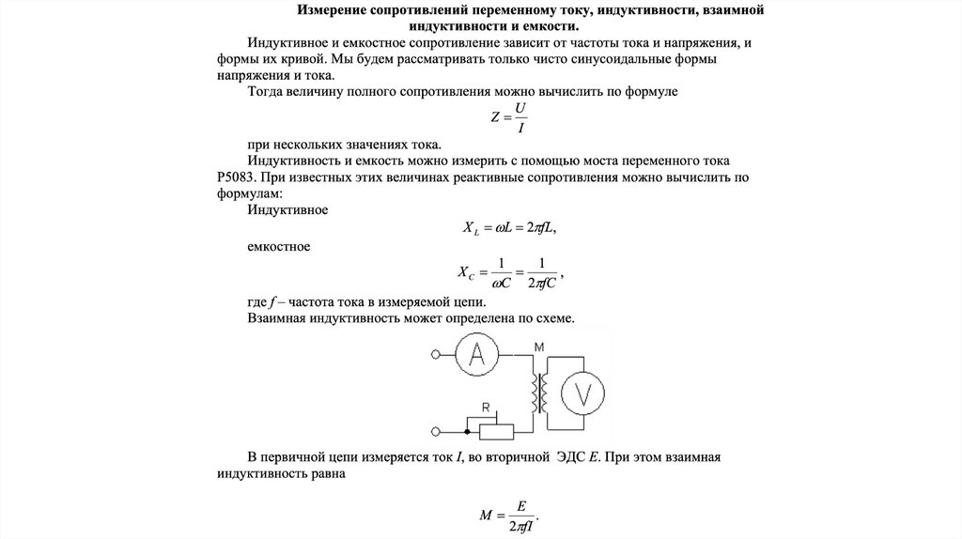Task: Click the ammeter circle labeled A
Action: pyautogui.click(x=477, y=354)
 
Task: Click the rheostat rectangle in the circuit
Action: pyautogui.click(x=497, y=431)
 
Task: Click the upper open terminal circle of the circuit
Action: pyautogui.click(x=434, y=355)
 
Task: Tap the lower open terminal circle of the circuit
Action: pyautogui.click(x=434, y=431)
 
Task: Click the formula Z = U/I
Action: pyautogui.click(x=513, y=117)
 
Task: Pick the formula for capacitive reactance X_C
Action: pyautogui.click(x=512, y=272)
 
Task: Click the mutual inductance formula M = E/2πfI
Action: pyautogui.click(x=511, y=515)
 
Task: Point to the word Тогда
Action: pyautogui.click(x=267, y=92)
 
